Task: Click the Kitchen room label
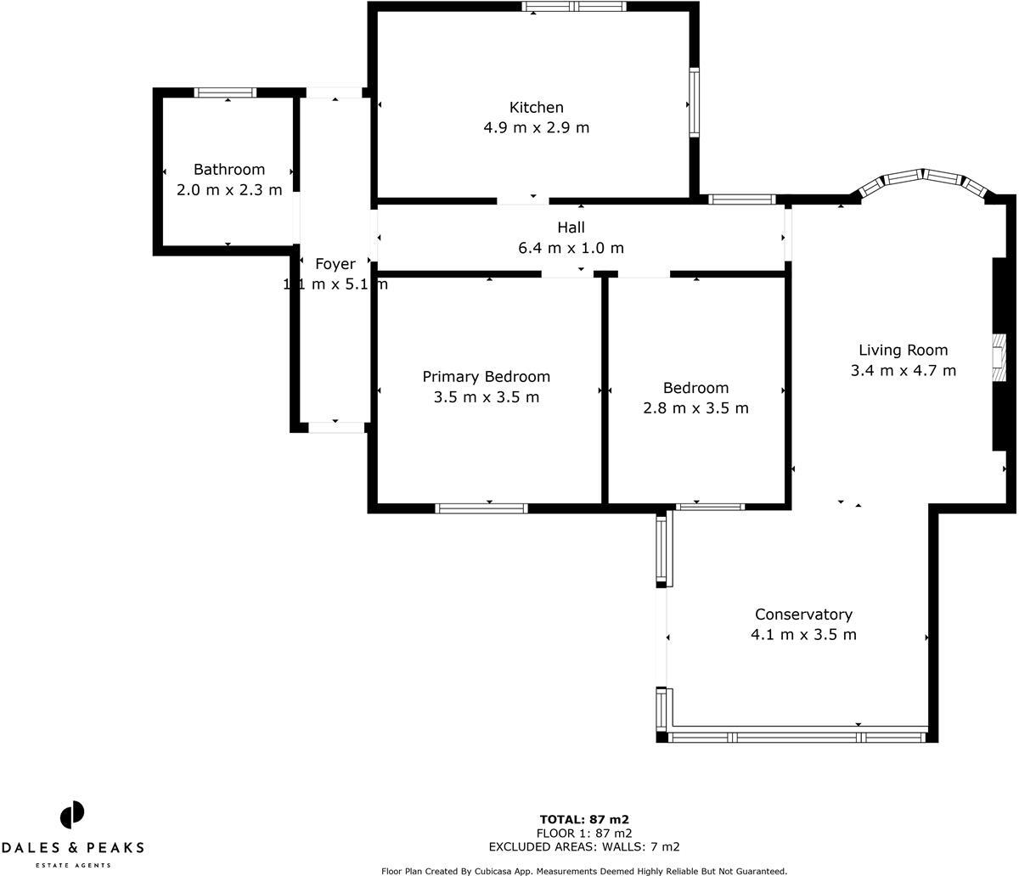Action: [x=536, y=108]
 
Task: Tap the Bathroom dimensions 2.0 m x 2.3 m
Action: [x=229, y=190]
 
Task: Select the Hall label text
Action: [x=571, y=227]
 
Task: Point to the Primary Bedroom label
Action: [x=486, y=377]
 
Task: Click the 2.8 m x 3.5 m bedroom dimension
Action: [x=695, y=408]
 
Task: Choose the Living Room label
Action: [x=903, y=350]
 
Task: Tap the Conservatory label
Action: [x=803, y=615]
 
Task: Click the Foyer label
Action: [x=335, y=264]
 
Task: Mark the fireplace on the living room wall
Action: [x=999, y=356]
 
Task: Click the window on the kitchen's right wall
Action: [x=694, y=102]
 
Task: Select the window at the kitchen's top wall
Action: [x=574, y=7]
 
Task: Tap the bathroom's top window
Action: [x=225, y=93]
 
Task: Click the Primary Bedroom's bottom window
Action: [x=481, y=508]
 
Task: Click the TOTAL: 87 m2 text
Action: [x=583, y=820]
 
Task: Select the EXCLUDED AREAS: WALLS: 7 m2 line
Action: [x=583, y=847]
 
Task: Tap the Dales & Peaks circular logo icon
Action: [x=72, y=815]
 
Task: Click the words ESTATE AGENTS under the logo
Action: [x=72, y=865]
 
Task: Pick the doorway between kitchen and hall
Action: [x=523, y=200]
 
